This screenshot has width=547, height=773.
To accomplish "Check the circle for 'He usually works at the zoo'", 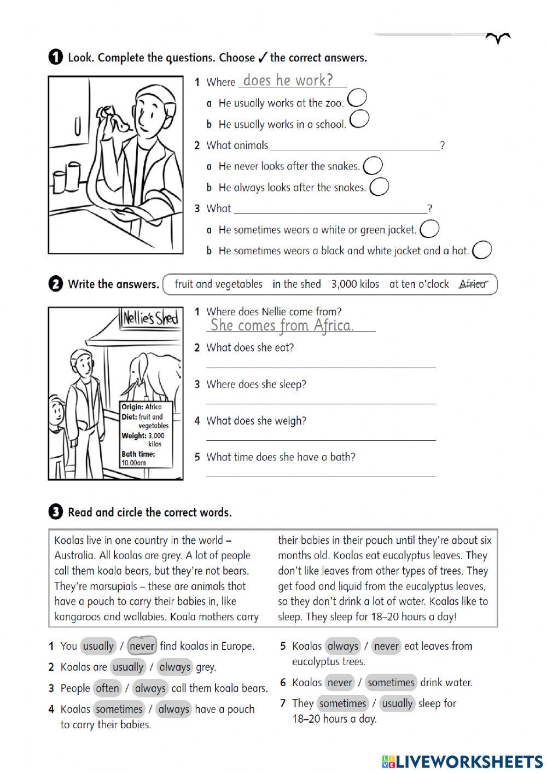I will click(x=357, y=98).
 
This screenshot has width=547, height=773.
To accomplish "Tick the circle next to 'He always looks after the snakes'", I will click(x=379, y=187).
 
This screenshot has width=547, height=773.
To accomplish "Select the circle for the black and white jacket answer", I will click(x=482, y=250).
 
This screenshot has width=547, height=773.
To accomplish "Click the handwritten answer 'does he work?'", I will click(x=288, y=80).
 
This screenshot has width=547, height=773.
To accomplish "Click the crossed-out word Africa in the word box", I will click(x=472, y=284).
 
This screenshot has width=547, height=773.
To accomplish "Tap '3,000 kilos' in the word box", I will click(x=354, y=284).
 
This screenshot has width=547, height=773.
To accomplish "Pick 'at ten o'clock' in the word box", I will click(x=418, y=284).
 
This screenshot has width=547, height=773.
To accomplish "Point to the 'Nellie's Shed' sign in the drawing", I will click(x=150, y=318).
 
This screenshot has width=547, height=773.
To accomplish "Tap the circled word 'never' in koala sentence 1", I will click(x=142, y=646).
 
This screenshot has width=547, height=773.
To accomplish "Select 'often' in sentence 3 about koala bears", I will click(x=107, y=688).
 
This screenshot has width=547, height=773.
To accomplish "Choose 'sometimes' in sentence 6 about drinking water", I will click(x=391, y=682).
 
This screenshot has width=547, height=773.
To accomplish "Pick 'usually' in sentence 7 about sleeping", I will click(x=397, y=703).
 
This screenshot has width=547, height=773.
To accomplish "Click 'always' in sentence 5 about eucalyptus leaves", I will click(x=342, y=646).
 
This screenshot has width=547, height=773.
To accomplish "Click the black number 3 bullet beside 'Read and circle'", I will click(x=55, y=512).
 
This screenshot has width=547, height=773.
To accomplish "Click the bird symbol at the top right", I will click(x=498, y=38).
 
